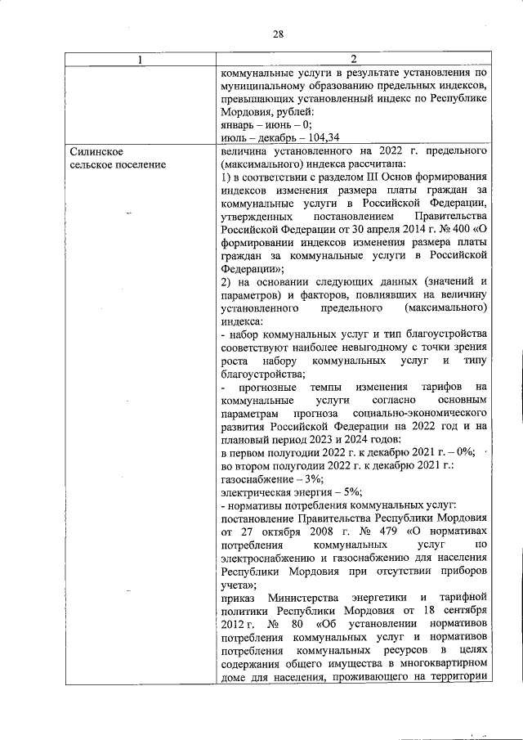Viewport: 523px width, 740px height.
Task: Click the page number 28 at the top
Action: click(278, 34)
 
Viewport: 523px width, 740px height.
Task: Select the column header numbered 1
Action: click(140, 60)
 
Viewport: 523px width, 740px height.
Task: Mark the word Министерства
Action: click(311, 597)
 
